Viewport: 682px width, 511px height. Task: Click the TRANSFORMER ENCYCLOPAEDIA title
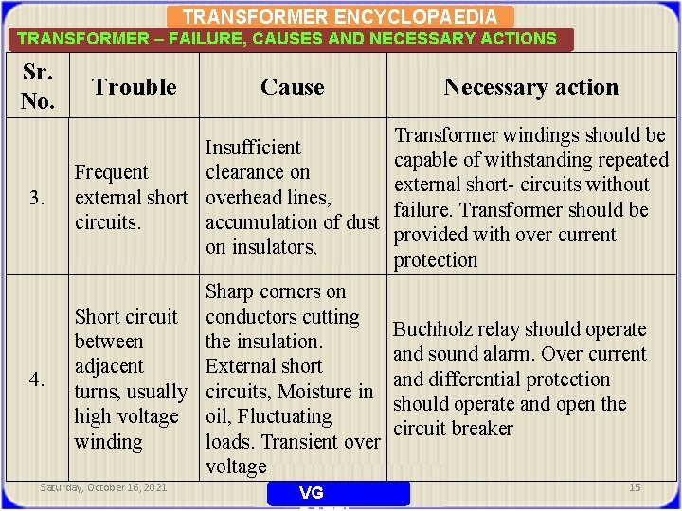coord(339,17)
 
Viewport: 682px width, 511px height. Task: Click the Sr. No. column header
coord(37,87)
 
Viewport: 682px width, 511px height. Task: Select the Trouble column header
coord(135,87)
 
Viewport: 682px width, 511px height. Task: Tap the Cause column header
coord(292,87)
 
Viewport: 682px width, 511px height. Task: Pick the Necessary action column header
coord(530,87)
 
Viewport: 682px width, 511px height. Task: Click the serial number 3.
coord(37,198)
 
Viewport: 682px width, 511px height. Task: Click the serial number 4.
coord(37,379)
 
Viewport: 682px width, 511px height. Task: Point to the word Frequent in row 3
coord(111,172)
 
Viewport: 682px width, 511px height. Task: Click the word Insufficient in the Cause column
coord(253,148)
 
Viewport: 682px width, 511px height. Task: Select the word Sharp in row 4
coord(228,291)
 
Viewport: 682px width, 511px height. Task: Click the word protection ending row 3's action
coord(436,260)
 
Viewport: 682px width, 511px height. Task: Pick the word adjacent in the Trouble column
coord(109,367)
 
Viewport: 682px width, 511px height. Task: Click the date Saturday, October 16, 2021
coord(104,487)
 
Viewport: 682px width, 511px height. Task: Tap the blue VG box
coord(338,493)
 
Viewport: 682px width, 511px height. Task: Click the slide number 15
coord(635,487)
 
